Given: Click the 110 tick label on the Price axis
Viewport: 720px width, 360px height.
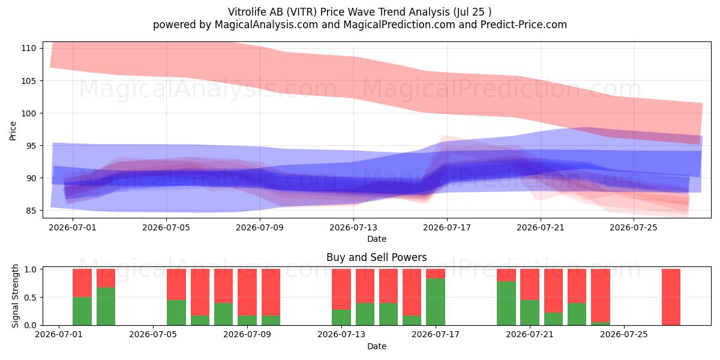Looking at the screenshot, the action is [x=29, y=48].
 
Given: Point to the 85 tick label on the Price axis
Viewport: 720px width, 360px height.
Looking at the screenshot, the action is [x=31, y=211].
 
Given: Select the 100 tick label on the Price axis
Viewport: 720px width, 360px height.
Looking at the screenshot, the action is [x=29, y=113].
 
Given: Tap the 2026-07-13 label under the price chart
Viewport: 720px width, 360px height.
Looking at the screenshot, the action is [x=353, y=227].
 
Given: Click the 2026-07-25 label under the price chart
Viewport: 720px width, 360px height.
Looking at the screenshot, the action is [x=634, y=227].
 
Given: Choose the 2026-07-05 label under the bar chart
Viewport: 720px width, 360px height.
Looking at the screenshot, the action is [x=153, y=334].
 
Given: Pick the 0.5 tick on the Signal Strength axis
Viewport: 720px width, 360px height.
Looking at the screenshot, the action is [x=30, y=298].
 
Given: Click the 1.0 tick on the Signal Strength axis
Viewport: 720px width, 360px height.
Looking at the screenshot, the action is [x=30, y=269].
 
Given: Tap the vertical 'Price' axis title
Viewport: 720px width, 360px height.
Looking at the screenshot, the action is [x=13, y=131].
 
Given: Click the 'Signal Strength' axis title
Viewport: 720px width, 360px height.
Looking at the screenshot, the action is [x=15, y=296].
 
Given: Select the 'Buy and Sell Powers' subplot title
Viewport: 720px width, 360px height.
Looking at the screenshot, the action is [x=376, y=257].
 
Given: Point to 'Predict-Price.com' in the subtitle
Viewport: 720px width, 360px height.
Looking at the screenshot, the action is [x=524, y=25].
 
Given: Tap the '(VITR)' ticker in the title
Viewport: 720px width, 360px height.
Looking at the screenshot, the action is [x=301, y=12].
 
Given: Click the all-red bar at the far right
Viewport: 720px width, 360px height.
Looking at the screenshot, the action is [x=671, y=297].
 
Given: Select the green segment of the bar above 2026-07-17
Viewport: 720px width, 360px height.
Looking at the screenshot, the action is [x=436, y=302].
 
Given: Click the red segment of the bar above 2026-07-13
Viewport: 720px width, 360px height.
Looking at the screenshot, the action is [x=341, y=289].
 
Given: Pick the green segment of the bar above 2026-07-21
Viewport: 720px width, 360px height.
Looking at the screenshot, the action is [x=530, y=313].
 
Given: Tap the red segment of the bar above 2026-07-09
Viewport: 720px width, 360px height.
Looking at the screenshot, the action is [x=247, y=292].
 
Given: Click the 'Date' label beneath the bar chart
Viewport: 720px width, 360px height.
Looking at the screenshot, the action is [x=377, y=346].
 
